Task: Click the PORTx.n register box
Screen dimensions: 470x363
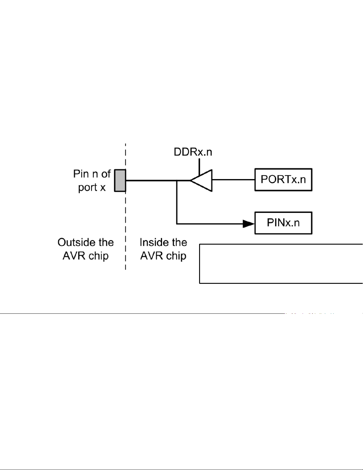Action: pos(283,180)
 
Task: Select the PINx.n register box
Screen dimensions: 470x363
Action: pos(283,223)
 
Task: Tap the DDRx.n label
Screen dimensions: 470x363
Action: pos(193,152)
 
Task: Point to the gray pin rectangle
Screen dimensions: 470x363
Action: pos(120,180)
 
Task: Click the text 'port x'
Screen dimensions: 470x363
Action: pos(92,187)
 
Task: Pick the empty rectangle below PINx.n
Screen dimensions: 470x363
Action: pos(281,264)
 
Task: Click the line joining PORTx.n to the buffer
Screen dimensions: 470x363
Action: pos(234,180)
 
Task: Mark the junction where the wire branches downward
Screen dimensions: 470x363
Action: pos(177,180)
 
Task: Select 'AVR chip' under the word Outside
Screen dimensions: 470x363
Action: pos(86,256)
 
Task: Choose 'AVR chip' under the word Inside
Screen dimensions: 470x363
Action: pos(163,256)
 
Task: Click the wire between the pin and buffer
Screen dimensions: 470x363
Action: pos(151,180)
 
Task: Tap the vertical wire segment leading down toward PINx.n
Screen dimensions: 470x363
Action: pos(177,202)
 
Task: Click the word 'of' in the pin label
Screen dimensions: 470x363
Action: pos(106,174)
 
